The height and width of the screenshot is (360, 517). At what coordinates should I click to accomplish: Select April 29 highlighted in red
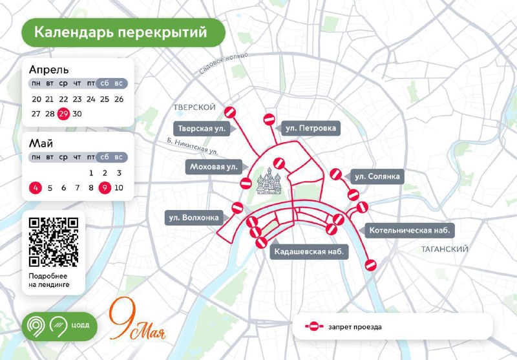point(63,114)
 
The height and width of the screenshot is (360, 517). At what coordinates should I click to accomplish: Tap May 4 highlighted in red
point(36,188)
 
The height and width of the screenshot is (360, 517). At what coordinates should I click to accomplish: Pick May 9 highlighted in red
point(105,188)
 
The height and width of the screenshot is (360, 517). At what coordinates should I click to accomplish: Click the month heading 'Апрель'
point(49,70)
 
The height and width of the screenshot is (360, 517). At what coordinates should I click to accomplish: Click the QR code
point(54,241)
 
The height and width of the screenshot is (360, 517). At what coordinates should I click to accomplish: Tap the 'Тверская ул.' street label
point(201,129)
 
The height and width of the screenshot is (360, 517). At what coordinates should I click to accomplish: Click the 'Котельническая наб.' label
point(408,230)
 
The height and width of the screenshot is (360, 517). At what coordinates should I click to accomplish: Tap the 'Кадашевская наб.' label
point(308,250)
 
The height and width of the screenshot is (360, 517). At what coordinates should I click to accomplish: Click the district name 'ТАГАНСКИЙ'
point(444,249)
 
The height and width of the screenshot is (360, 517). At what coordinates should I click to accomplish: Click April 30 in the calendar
point(77,114)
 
